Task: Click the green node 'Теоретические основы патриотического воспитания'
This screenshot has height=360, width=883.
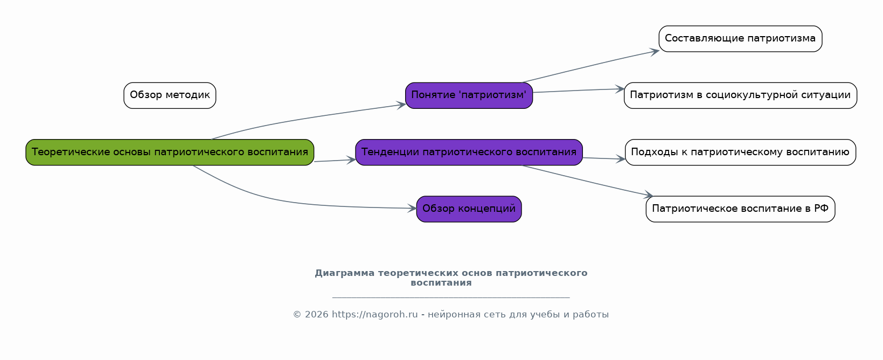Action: [170, 152]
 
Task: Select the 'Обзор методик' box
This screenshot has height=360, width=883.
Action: [170, 95]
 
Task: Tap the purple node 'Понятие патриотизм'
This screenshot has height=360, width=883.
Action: [469, 95]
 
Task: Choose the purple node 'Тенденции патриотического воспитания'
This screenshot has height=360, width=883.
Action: [469, 152]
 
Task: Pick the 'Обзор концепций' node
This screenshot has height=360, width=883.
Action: [469, 209]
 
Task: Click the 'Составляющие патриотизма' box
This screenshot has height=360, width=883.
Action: [740, 39]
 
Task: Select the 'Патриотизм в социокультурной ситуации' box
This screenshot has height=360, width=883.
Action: [740, 95]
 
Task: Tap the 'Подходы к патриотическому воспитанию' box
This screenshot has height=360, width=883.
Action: [740, 152]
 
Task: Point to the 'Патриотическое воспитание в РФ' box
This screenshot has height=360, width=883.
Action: [740, 209]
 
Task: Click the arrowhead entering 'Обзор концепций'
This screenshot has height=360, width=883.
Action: [412, 208]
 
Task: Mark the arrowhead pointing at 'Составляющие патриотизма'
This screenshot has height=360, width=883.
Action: [655, 52]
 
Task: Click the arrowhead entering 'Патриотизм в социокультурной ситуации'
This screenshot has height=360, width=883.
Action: [620, 89]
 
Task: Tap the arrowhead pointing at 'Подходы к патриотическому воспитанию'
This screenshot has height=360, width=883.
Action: [621, 159]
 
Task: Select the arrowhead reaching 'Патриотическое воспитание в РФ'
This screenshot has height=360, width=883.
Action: [649, 195]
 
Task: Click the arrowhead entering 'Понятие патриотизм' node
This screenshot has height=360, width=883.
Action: [401, 105]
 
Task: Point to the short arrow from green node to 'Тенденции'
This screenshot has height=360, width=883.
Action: [335, 161]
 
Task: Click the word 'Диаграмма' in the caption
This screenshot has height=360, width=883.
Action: [345, 273]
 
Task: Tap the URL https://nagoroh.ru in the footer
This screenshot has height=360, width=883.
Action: [374, 315]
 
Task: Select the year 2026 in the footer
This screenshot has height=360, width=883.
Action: [317, 315]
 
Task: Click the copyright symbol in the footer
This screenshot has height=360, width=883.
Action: [297, 315]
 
